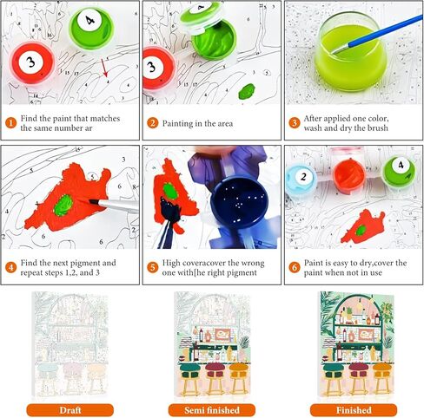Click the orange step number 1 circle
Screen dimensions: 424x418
pyautogui.click(x=10, y=123)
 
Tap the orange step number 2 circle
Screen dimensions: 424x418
pyautogui.click(x=152, y=123)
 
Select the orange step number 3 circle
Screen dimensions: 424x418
pyautogui.click(x=295, y=123)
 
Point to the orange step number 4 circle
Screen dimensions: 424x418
pyautogui.click(x=10, y=267)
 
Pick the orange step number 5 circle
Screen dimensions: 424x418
pyautogui.click(x=152, y=267)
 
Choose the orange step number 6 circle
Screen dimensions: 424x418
pyautogui.click(x=295, y=267)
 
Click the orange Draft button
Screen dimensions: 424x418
pyautogui.click(x=70, y=410)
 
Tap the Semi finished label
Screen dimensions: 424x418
pyautogui.click(x=212, y=410)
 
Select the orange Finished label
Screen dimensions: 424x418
pyautogui.click(x=354, y=410)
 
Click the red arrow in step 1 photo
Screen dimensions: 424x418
pyautogui.click(x=104, y=68)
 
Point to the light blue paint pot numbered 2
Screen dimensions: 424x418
pyautogui.click(x=301, y=179)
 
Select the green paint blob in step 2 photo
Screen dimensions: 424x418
pyautogui.click(x=247, y=91)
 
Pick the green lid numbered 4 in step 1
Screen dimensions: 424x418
pyautogui.click(x=91, y=28)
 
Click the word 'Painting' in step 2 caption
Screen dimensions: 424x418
pyautogui.click(x=177, y=124)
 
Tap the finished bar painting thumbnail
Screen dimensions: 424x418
pyautogui.click(x=357, y=344)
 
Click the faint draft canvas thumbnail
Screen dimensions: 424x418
pyautogui.click(x=70, y=344)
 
